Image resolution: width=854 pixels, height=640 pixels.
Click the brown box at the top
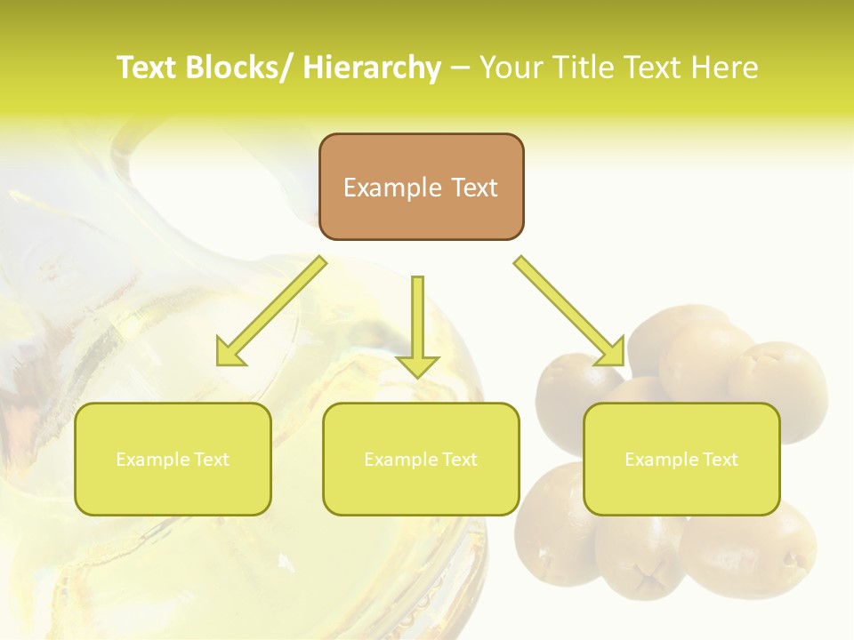421,187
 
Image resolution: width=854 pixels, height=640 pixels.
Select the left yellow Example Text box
173,459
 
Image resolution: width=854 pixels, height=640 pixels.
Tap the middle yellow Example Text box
421,459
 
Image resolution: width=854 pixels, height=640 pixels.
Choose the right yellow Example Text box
681,459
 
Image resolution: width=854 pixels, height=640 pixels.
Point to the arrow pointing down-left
272,311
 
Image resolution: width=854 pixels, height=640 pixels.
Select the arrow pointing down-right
569,311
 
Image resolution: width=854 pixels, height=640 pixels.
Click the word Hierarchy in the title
372,68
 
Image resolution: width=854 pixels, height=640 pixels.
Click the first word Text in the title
147,68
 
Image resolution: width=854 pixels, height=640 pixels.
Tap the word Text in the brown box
472,188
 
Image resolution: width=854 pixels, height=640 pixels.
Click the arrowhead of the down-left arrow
230,353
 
